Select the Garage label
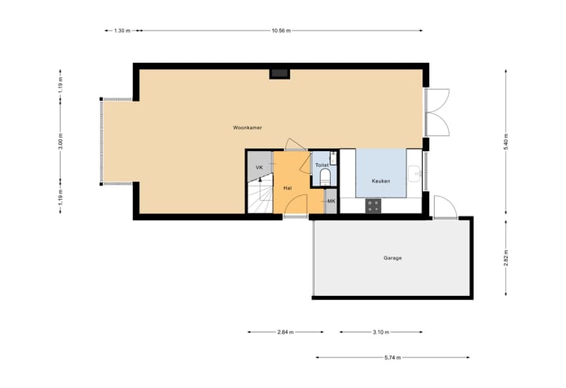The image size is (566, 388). (x=392, y=257)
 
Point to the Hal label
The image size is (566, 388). (x=288, y=189)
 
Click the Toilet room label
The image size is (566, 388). (x=322, y=165)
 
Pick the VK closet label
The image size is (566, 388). (x=259, y=168)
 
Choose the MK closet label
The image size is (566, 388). (x=331, y=201)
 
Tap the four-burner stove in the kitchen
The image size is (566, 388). (x=373, y=206)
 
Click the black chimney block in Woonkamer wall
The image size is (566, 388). (x=279, y=73)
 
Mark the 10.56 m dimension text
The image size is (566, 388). (x=281, y=31)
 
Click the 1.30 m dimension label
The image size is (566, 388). (x=121, y=31)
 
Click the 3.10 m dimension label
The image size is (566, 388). (x=380, y=332)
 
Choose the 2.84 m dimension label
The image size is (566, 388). (x=285, y=332)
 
